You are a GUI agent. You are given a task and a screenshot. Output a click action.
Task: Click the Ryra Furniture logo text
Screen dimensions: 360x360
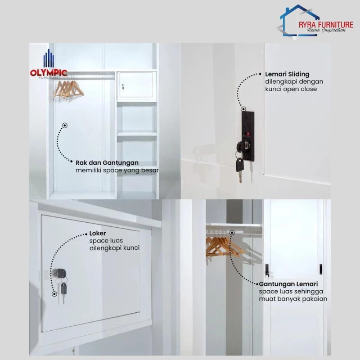point(326,25)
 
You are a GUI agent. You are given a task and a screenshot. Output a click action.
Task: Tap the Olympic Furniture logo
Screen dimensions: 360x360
point(49,64)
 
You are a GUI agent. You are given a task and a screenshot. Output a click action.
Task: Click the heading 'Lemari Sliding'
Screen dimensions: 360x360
point(287,74)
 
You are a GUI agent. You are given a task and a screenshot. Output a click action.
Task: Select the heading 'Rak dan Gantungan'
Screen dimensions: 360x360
point(107,163)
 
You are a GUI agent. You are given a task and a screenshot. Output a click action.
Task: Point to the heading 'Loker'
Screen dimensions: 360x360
point(98,233)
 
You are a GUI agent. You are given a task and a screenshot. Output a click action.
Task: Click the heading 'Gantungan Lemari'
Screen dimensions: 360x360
point(288,284)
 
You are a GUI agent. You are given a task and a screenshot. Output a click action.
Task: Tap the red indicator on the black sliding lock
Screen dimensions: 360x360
point(247,133)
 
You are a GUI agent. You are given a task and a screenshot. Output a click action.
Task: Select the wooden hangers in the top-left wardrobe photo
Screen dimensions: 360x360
point(69,89)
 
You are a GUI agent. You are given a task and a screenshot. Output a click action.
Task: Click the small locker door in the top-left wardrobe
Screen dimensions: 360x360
point(136,85)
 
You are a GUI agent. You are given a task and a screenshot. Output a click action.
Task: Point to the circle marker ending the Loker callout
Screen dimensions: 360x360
point(54,294)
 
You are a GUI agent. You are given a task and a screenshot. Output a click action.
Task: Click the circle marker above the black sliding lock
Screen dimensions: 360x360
point(243,109)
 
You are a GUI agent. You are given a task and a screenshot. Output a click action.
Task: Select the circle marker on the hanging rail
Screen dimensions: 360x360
point(232,233)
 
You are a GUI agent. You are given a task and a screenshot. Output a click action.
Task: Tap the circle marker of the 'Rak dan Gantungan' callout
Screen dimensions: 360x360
point(65,126)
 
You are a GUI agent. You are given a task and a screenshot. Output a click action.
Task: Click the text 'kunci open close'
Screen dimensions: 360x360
point(291,89)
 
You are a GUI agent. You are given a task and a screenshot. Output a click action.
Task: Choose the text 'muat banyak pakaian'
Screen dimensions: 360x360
point(293,299)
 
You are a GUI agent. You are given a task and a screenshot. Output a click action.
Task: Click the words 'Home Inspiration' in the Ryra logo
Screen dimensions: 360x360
point(326,30)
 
